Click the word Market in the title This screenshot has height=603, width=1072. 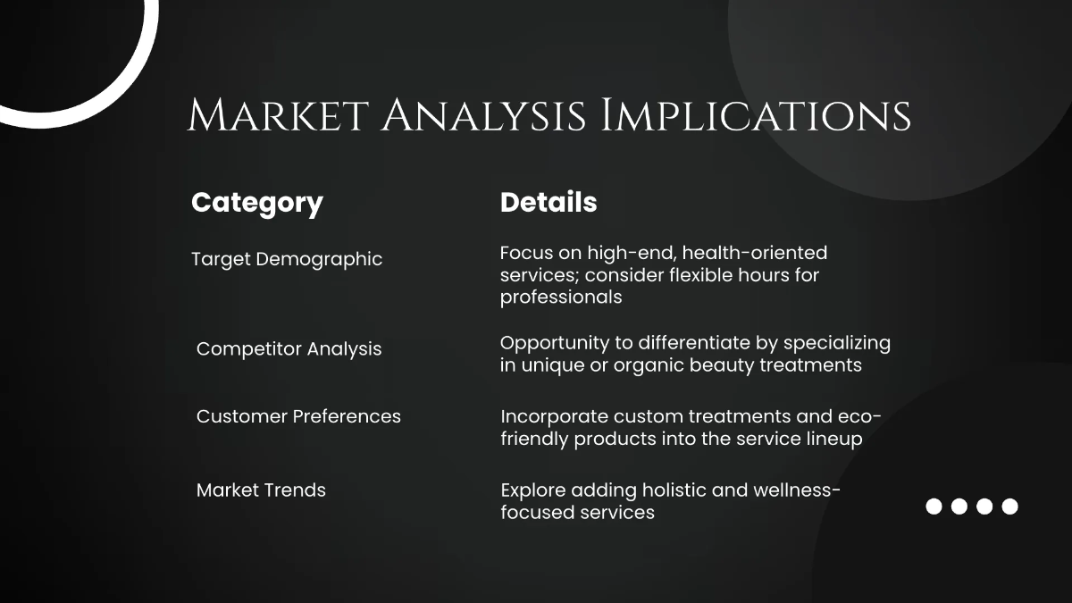276,117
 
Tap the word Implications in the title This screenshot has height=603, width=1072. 756,117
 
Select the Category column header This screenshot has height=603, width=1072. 257,203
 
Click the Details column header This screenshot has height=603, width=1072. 549,202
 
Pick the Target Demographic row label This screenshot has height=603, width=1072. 287,259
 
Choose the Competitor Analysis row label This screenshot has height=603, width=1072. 289,348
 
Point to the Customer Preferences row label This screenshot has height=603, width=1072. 298,416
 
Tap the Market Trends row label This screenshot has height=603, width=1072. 261,490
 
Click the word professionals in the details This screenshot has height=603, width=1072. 561,297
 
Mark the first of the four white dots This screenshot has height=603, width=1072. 934,507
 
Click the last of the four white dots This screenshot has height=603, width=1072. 1009,507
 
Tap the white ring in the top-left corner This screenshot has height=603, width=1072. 134,80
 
